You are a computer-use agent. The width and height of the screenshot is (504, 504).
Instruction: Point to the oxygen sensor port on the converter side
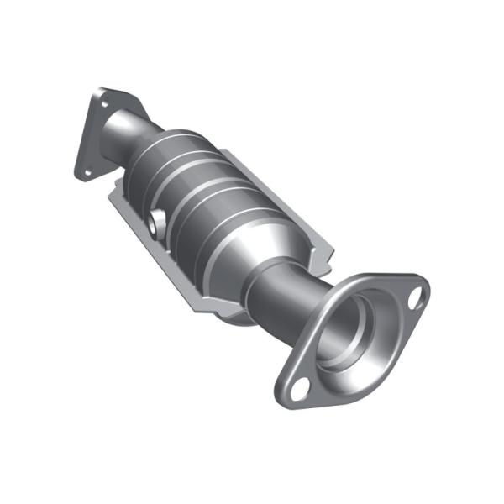click(157, 223)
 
